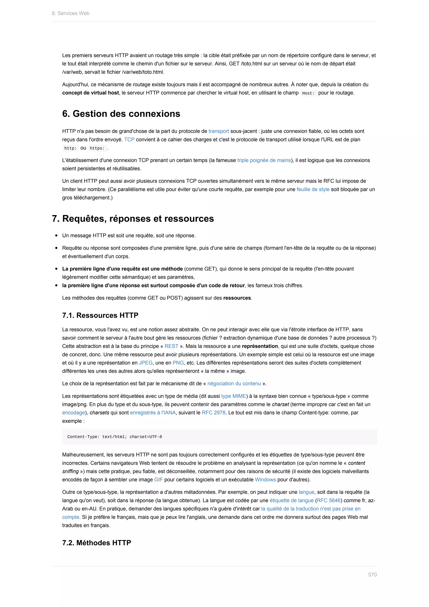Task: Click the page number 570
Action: point(372,575)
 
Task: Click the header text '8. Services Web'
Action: point(71,13)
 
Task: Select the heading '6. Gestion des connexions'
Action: point(121,114)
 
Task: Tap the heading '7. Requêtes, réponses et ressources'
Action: point(133,219)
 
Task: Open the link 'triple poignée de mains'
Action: point(264,160)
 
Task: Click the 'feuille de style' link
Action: point(313,189)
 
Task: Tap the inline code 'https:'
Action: point(97,148)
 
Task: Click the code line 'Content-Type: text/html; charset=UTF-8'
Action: point(114,437)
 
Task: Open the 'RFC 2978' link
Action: point(213,413)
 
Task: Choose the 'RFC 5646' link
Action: point(328,501)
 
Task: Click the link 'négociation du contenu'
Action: point(234,384)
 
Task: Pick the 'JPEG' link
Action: point(146,363)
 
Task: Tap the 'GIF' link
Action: point(159,480)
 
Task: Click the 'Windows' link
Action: point(265,480)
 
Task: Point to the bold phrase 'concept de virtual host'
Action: point(90,93)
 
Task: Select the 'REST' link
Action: point(171,346)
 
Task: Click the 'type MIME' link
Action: point(234,396)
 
